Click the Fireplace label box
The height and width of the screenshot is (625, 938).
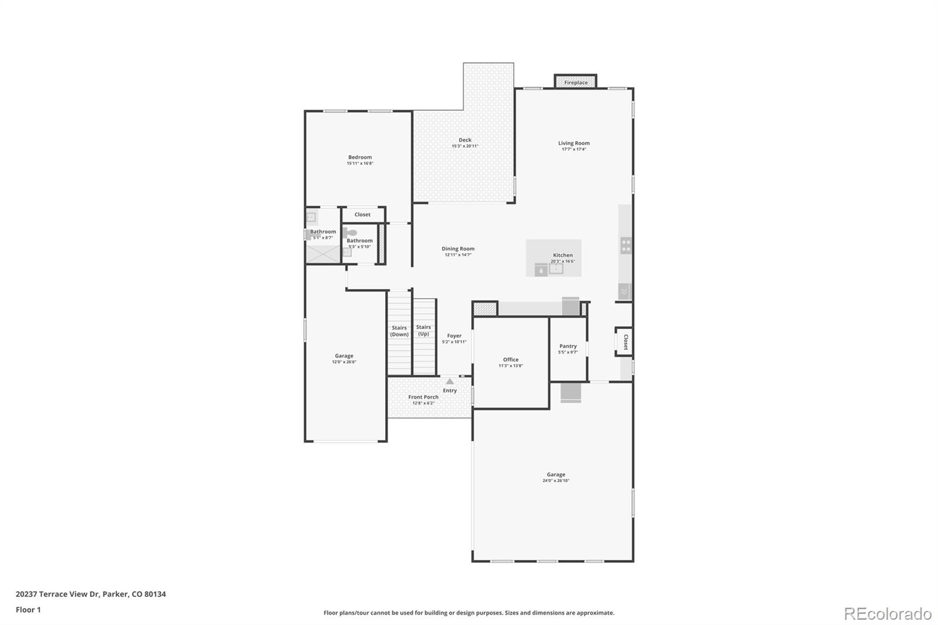576,82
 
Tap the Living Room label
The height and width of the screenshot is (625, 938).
573,143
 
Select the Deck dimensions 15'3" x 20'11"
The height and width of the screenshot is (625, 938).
465,146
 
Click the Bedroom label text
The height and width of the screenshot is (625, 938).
359,157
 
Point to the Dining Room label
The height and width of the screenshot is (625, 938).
458,249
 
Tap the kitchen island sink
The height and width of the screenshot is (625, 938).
555,269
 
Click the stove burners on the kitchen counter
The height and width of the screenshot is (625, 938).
626,246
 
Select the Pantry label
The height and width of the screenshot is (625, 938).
567,346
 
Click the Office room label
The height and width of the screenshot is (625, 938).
511,359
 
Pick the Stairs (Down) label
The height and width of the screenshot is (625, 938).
399,331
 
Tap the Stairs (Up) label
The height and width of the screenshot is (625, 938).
423,330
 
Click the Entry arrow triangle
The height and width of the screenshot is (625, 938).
450,381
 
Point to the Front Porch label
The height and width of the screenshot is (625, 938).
423,397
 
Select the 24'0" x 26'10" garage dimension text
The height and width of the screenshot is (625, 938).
556,481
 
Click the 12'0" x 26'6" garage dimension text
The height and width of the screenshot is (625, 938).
344,362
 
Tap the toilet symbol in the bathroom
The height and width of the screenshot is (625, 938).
350,232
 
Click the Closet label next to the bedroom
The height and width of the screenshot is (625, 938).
362,215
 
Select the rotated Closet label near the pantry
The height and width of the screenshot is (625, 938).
626,342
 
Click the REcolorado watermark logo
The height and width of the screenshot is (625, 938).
887,613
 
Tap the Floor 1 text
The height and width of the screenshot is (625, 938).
28,610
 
